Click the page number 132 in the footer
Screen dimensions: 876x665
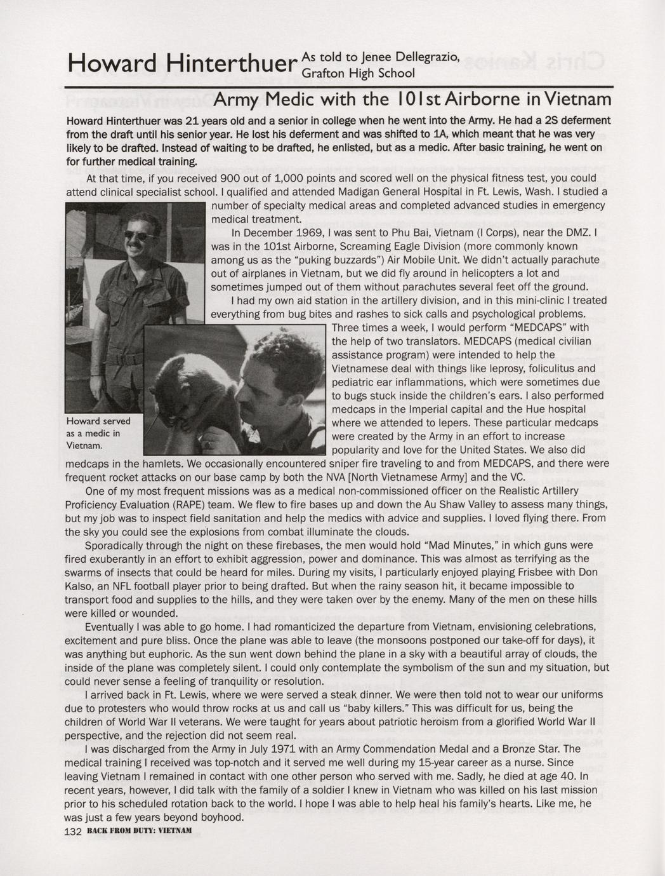(74, 832)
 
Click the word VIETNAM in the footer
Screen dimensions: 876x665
(174, 832)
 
